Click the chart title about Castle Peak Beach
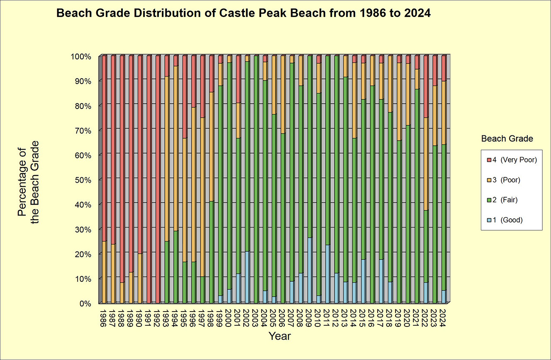[243, 13]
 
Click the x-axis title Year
[279, 336]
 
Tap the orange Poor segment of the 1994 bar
[175, 149]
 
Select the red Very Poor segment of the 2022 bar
[425, 87]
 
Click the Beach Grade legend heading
[507, 139]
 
